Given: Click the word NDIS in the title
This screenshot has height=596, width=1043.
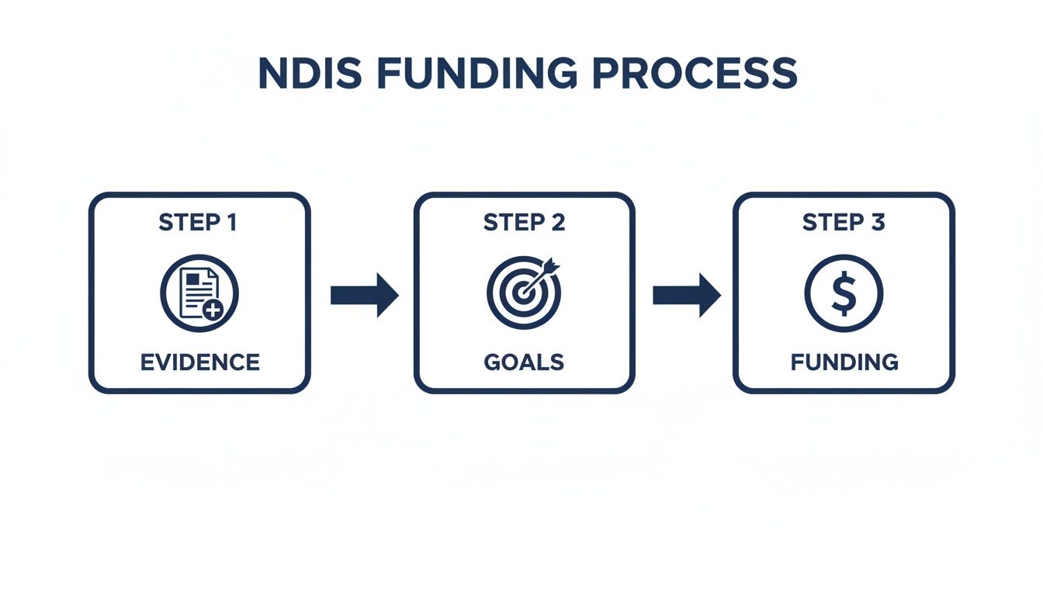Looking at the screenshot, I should tap(306, 74).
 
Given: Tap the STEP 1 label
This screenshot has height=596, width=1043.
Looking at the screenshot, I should tap(198, 223).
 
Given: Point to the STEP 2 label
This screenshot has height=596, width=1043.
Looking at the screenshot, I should tap(524, 223).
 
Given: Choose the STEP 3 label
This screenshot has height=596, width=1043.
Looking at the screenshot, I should tap(844, 223).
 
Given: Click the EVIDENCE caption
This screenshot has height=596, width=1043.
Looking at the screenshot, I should tap(199, 362).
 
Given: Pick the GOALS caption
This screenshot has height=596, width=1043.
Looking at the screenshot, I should tap(524, 362).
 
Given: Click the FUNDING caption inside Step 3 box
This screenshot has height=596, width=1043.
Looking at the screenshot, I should tap(844, 362).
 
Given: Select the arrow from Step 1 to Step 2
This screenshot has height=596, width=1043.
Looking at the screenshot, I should tap(364, 295).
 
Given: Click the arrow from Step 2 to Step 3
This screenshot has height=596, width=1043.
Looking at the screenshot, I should tap(686, 295).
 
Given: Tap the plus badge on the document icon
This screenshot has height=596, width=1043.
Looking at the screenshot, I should tap(212, 310).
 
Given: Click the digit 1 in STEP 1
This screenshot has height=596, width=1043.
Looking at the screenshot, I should tap(230, 223).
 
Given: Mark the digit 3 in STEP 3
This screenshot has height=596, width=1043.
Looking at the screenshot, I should tap(878, 223).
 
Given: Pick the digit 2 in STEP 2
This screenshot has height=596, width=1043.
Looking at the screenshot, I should tap(557, 223).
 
